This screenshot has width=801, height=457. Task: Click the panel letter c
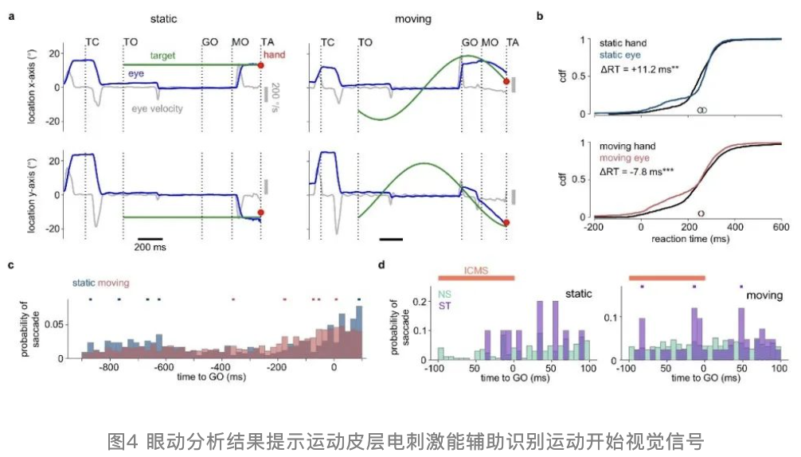tap(10, 266)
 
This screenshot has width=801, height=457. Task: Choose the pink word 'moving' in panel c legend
tap(115, 283)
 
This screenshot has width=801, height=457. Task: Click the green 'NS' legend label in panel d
tap(444, 294)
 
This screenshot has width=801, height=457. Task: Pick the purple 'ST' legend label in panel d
tap(444, 305)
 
